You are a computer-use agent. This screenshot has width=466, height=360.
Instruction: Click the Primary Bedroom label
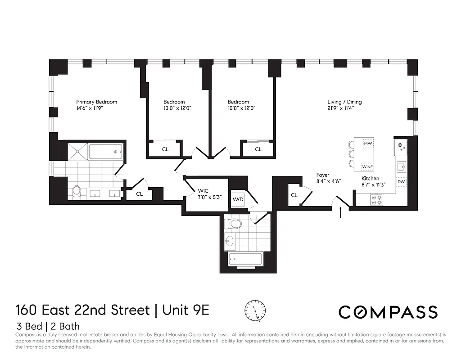[96, 102]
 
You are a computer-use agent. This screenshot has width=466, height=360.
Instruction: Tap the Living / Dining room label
[344, 102]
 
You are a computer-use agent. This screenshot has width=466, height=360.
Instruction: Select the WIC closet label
[203, 191]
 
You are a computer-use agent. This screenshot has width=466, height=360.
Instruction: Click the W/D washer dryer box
[238, 199]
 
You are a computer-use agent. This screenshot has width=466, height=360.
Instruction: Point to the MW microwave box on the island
[368, 144]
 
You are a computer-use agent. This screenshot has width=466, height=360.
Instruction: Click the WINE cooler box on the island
[368, 166]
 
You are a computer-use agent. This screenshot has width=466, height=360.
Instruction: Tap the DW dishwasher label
[401, 182]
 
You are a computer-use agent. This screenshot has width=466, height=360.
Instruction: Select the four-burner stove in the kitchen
[376, 199]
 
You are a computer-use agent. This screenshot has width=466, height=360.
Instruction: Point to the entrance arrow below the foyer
[340, 212]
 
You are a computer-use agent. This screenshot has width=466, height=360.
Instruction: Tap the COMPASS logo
[388, 312]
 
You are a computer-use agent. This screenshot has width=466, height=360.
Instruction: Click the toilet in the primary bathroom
[77, 192]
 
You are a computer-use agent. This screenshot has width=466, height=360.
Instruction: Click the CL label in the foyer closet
[294, 195]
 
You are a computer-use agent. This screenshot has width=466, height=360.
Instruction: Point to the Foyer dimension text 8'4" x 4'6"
[328, 181]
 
